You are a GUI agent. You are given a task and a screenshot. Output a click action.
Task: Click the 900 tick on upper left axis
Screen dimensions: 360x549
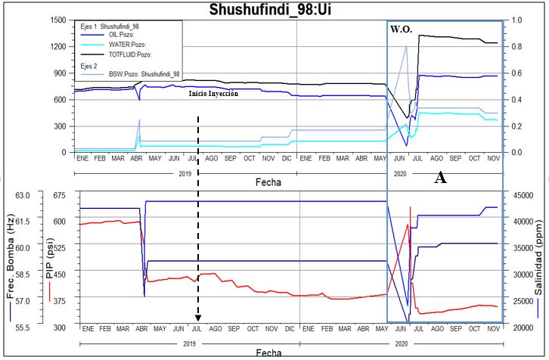click(60, 73)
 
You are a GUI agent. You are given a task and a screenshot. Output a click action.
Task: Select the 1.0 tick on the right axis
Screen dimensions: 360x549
click(517, 20)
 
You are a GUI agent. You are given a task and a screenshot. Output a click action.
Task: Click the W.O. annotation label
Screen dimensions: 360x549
click(401, 29)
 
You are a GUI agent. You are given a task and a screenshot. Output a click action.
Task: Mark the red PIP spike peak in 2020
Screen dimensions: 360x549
click(411, 207)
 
